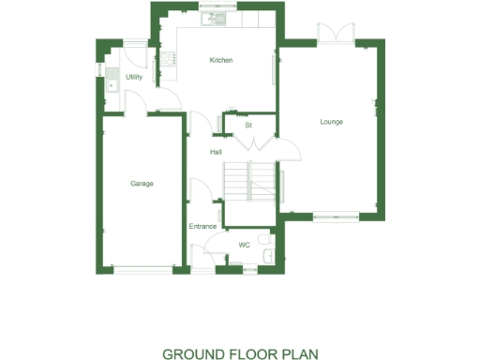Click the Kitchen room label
pos(221,60)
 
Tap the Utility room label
pos(134,77)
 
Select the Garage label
pos(142,184)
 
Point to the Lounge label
pos(331,122)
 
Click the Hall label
pos(216,152)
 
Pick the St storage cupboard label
pos(248,125)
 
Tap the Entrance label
pos(203,226)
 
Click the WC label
pos(244,245)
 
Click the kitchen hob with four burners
pos(170,59)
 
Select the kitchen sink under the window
pos(215,19)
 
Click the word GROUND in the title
pos(193,353)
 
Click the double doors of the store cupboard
pos(249,142)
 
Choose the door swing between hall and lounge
pos(287,150)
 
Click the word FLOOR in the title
pos(251,353)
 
